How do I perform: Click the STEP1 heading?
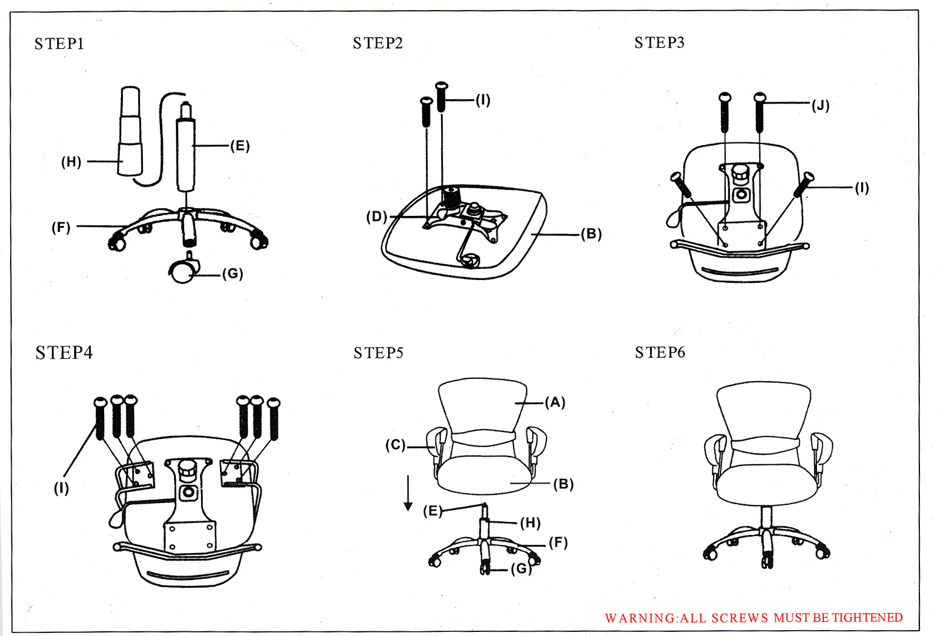(59, 44)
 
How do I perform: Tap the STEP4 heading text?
(64, 352)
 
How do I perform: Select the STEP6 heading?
(660, 352)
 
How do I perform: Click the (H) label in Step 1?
(71, 162)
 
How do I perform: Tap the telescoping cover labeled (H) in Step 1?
(130, 132)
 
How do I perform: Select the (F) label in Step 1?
(61, 227)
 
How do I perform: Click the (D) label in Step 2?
(376, 217)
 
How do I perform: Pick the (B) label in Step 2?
(591, 234)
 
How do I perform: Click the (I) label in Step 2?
(483, 99)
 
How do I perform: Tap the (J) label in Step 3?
(821, 105)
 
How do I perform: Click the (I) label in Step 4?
(62, 488)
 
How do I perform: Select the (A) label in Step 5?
(555, 402)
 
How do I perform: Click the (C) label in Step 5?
(395, 445)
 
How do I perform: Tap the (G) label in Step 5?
(521, 568)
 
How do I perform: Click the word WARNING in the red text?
(641, 618)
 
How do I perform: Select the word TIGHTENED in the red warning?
(867, 617)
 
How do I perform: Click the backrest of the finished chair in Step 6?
(763, 412)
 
